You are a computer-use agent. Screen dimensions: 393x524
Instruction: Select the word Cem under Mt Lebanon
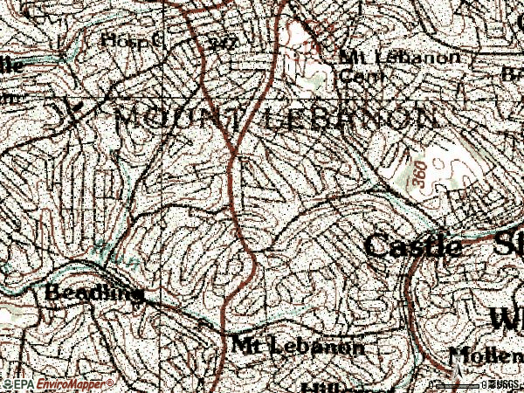[352, 74]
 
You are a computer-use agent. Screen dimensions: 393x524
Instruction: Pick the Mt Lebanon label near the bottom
[298, 346]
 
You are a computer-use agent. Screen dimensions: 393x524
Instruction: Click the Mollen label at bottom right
[485, 355]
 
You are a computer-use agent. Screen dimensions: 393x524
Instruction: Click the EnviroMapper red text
[74, 384]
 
